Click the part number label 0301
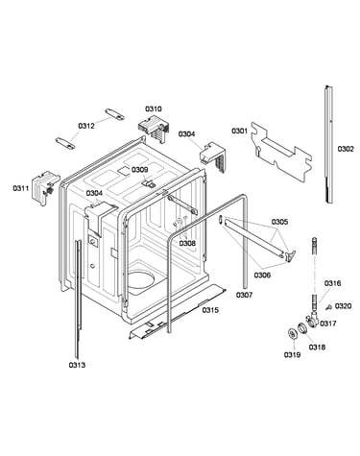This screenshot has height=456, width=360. (x=240, y=131)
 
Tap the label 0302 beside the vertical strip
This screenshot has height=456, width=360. (x=346, y=149)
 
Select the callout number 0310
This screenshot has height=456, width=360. (x=154, y=109)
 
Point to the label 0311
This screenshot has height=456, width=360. (x=21, y=188)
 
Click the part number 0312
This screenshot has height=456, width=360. (x=86, y=126)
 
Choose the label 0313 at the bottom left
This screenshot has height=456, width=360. (x=77, y=365)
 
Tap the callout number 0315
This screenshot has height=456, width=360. (x=210, y=310)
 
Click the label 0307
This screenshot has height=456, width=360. (x=244, y=295)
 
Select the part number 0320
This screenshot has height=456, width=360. (x=343, y=306)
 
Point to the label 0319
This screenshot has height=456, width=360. (x=292, y=354)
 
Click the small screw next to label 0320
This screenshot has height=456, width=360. (x=328, y=307)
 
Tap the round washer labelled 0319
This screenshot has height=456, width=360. (x=293, y=334)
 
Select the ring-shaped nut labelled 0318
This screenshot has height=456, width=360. (x=301, y=328)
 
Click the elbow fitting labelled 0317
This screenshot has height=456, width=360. (x=312, y=321)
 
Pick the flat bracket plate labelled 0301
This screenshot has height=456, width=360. (x=281, y=152)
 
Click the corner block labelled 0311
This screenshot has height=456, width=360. (x=44, y=187)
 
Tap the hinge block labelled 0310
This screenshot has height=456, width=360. (x=154, y=129)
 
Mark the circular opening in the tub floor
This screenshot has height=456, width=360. (x=141, y=277)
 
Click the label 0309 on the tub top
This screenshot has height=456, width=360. (x=140, y=170)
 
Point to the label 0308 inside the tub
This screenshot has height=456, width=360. (x=187, y=244)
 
